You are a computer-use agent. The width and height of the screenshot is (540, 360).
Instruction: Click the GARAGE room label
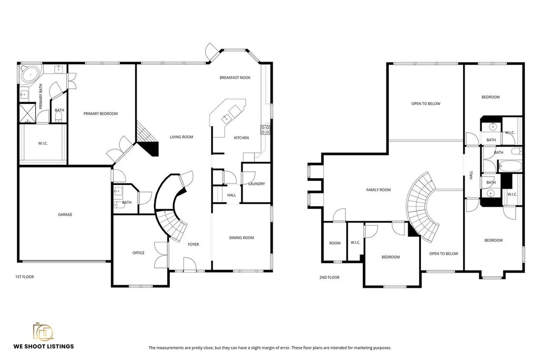[65, 215]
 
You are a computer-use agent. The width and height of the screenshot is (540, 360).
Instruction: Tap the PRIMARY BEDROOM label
[101, 113]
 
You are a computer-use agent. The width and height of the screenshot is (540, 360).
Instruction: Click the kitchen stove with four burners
[265, 130]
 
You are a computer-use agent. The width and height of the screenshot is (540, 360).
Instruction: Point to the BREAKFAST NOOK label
[235, 78]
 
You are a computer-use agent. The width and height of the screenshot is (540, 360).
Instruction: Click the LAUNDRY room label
[257, 184]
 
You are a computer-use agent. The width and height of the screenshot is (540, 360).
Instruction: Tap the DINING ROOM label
[242, 238]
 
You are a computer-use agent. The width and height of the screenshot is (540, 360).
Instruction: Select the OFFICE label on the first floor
[139, 253]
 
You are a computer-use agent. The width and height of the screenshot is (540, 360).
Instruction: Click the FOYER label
[193, 245]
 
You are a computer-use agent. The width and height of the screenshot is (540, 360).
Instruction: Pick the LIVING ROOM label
[181, 137]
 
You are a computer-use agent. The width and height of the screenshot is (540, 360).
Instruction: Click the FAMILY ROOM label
[379, 190]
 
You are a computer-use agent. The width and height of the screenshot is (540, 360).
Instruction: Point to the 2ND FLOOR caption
[329, 277]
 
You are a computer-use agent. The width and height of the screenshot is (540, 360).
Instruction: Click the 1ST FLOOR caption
[24, 277]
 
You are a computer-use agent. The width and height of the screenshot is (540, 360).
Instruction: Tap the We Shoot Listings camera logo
[43, 332]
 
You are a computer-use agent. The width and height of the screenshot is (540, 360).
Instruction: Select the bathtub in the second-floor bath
[510, 166]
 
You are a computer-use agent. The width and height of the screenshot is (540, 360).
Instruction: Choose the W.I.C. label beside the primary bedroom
[43, 143]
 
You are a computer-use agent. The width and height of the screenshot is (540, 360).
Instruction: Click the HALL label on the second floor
[471, 175]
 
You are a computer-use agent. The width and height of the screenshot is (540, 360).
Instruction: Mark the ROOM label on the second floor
[335, 243]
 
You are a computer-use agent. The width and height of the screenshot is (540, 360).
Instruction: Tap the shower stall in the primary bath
[27, 113]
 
